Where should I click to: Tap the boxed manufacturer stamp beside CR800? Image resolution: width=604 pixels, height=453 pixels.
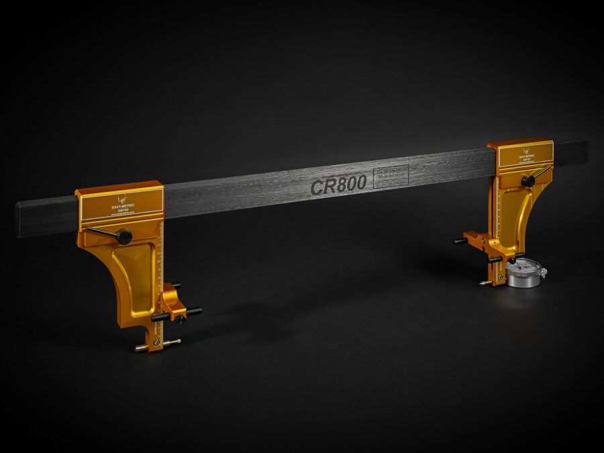tap(390, 176)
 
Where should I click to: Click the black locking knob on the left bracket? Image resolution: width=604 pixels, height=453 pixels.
tap(123, 236)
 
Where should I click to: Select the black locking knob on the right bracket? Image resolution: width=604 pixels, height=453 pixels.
tap(529, 181)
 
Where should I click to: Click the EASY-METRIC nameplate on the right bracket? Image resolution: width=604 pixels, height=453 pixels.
tap(525, 154)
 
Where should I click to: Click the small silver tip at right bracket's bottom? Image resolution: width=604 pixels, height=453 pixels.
tap(483, 283)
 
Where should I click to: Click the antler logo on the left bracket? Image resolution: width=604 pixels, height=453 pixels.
tap(122, 199)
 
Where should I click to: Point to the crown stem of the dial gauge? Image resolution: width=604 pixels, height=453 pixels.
tap(543, 272)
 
